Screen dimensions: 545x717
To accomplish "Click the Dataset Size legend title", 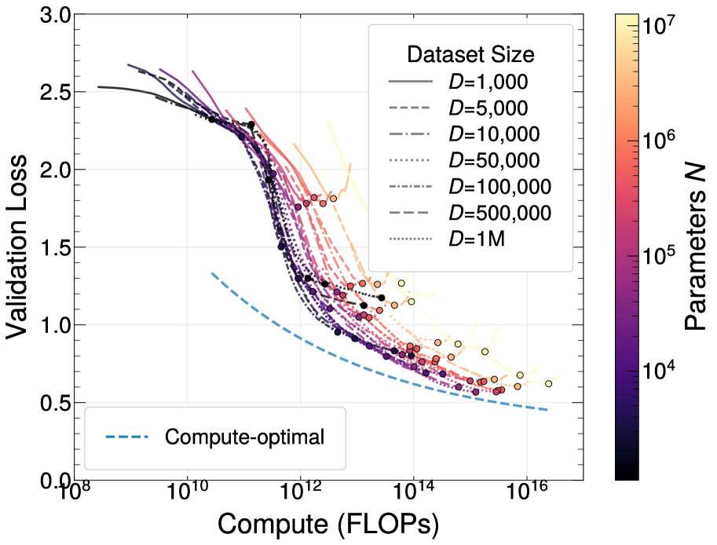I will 470,55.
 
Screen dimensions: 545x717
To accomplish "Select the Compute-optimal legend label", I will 244,437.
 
